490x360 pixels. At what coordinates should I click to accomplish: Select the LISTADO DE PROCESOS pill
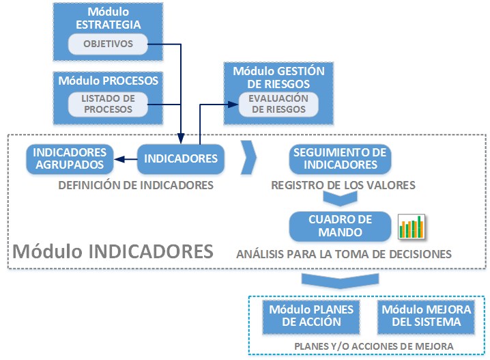[x=108, y=104]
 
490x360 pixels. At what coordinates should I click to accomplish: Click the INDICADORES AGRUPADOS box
[x=70, y=158]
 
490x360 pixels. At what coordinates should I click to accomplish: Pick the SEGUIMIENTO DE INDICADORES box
[x=340, y=158]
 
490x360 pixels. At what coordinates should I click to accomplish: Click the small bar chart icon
[x=412, y=227]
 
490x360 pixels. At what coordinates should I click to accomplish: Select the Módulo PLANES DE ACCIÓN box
[x=311, y=316]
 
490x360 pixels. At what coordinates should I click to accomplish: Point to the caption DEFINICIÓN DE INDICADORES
[x=136, y=184]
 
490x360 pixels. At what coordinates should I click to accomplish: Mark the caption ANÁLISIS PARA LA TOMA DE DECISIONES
[x=344, y=254]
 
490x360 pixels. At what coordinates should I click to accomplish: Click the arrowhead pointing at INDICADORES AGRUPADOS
[x=117, y=159]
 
